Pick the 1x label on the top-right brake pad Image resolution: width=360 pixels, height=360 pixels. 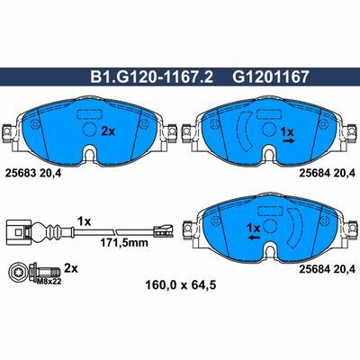tap(288, 130)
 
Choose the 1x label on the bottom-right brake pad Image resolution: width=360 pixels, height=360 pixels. tap(253, 229)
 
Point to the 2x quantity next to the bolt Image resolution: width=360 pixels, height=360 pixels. tap(73, 268)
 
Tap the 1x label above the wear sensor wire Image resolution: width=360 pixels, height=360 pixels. tap(85, 220)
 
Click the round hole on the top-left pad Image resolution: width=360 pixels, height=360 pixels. tap(91, 129)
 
